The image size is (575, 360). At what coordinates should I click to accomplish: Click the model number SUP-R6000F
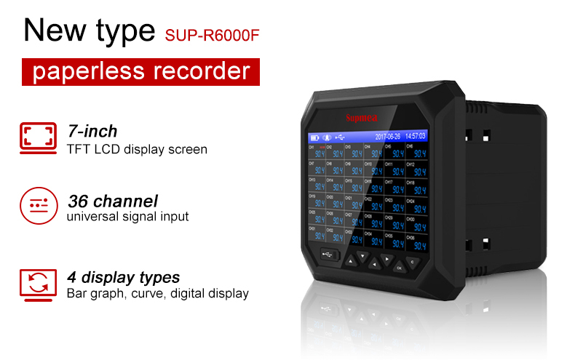pyautogui.click(x=212, y=34)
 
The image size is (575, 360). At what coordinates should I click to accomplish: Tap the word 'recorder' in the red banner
pyautogui.click(x=206, y=72)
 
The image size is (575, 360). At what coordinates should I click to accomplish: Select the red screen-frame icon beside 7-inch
pyautogui.click(x=36, y=136)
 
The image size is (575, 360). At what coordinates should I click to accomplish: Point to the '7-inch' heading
pyautogui.click(x=92, y=132)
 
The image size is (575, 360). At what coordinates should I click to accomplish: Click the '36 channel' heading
pyautogui.click(x=112, y=200)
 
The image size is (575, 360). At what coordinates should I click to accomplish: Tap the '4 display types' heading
pyautogui.click(x=123, y=277)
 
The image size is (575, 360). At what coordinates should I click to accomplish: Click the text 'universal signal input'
pyautogui.click(x=127, y=216)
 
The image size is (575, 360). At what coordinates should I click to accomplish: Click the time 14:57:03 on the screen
pyautogui.click(x=416, y=136)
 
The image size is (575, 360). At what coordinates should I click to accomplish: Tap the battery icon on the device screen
pyautogui.click(x=314, y=137)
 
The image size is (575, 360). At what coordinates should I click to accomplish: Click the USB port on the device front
pyautogui.click(x=327, y=255)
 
